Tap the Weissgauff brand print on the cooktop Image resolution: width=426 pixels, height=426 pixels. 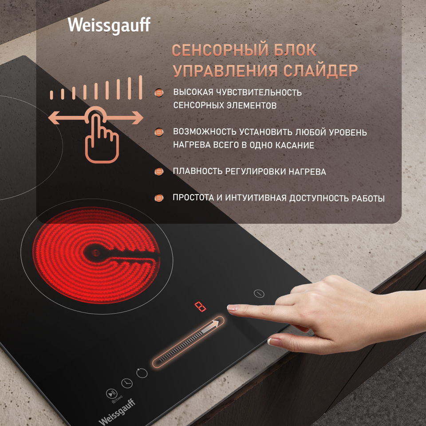[117, 412]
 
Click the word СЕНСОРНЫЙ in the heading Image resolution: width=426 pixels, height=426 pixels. [220, 50]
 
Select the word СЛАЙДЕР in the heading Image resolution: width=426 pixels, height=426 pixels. [320, 71]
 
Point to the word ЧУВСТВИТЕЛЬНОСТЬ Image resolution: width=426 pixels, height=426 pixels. [259, 92]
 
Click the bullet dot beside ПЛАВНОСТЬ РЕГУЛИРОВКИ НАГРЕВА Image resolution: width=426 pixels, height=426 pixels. [159, 171]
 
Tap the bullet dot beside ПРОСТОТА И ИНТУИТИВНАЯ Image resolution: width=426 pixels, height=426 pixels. [159, 198]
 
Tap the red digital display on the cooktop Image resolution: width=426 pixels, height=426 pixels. [200, 307]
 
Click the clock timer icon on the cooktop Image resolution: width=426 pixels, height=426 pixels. [127, 383]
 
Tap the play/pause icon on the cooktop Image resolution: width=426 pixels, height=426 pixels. [111, 394]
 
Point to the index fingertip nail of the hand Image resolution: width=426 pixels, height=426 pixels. [232, 308]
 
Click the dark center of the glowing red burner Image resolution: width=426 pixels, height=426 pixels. [95, 253]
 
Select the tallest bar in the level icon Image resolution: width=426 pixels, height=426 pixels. [141, 88]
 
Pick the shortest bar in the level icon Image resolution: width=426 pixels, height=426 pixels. [51, 95]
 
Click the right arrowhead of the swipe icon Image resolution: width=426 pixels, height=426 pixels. [138, 118]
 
